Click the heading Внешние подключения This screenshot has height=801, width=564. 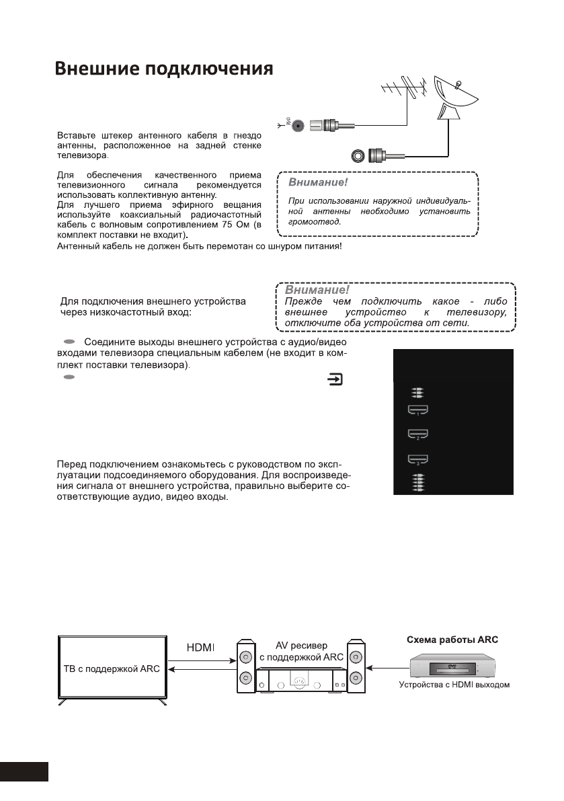163,71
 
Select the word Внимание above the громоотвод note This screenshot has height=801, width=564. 317,182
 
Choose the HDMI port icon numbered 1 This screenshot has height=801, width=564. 418,409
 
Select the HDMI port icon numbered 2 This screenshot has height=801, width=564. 418,434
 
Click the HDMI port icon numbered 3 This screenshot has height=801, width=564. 418,460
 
